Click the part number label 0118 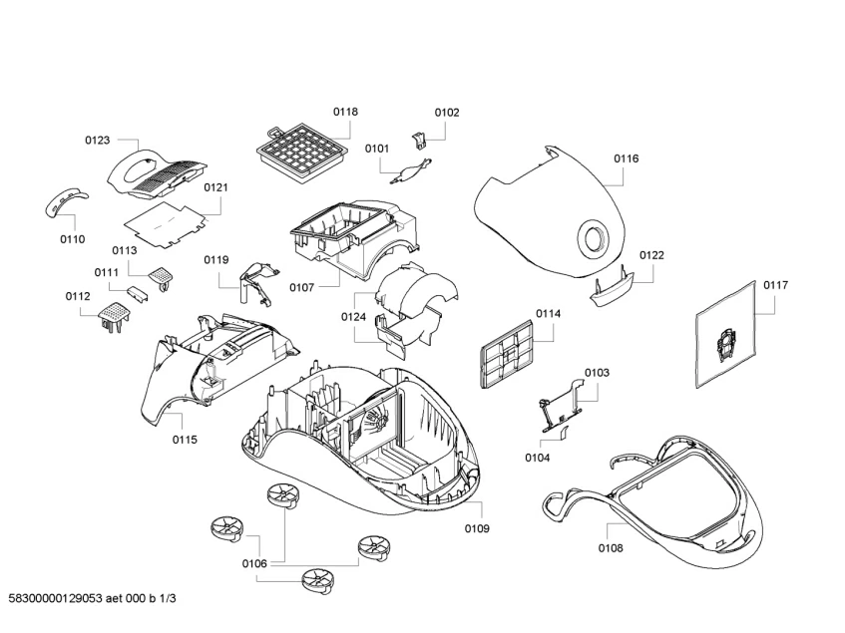click(x=345, y=113)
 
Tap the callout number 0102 click(x=447, y=113)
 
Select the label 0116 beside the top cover click(x=627, y=158)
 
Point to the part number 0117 click(x=775, y=285)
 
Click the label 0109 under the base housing click(x=477, y=528)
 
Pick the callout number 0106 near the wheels click(x=254, y=564)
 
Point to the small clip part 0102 click(x=420, y=140)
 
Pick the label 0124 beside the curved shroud click(x=353, y=318)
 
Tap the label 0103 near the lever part click(x=597, y=373)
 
